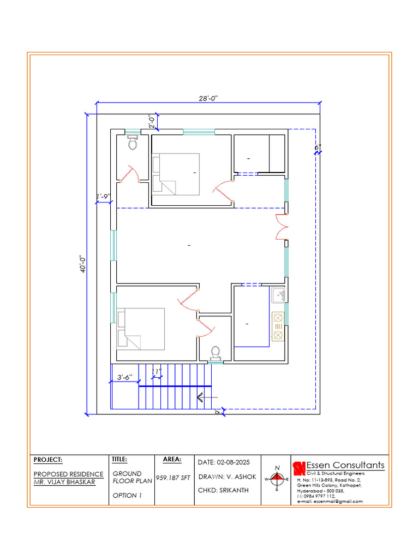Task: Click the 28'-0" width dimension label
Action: point(208,98)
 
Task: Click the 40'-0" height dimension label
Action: point(83,264)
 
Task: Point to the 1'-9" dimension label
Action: point(104,197)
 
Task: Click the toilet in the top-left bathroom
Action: point(133,142)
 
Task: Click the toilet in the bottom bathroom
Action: point(216,353)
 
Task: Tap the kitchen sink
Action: point(279,295)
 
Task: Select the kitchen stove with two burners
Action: point(278,326)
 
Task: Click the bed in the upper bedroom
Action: point(176,174)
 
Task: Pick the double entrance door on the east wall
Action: point(282,227)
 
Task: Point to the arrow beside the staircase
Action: point(207,397)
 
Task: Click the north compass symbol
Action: point(277,479)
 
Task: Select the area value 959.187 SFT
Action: point(173,477)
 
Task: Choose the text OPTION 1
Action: point(127,495)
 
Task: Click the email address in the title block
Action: point(330,501)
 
